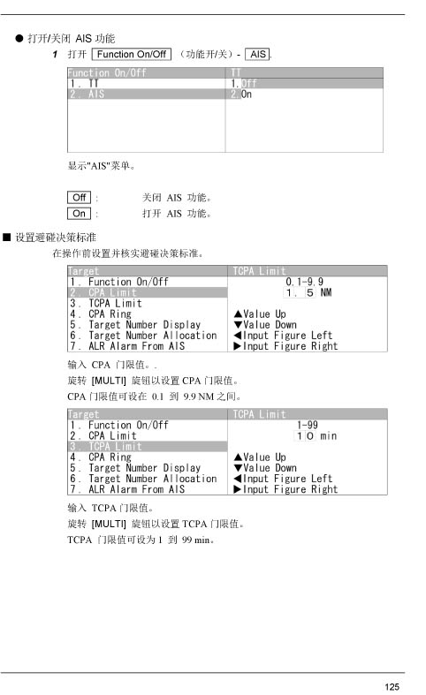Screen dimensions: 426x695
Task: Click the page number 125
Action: tap(392, 686)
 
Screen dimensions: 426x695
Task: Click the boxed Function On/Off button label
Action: tap(132, 54)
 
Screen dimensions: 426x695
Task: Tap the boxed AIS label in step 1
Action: tap(258, 54)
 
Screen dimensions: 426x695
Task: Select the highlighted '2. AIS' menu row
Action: tap(147, 94)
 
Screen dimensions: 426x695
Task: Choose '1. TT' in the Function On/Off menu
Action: tap(84, 83)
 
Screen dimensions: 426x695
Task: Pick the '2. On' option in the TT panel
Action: tap(241, 94)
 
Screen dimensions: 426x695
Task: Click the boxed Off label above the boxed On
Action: tap(79, 197)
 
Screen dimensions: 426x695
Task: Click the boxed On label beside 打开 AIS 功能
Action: tap(79, 213)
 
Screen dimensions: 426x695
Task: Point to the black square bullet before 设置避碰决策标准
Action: tap(7, 238)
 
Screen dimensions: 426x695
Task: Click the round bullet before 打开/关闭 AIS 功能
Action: tap(19, 38)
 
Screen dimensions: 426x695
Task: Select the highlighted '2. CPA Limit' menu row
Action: tap(148, 292)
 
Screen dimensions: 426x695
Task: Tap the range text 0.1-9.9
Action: tap(304, 282)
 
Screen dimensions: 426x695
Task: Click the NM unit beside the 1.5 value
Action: tap(326, 292)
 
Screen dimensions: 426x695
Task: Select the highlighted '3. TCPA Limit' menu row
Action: tap(148, 446)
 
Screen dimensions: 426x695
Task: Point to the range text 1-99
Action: tap(308, 425)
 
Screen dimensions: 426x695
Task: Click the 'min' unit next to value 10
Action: tap(329, 435)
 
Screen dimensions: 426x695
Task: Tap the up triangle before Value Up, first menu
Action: tap(238, 314)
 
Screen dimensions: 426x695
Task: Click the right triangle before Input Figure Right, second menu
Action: tap(238, 489)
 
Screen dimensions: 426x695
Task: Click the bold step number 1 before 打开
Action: tap(55, 55)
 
